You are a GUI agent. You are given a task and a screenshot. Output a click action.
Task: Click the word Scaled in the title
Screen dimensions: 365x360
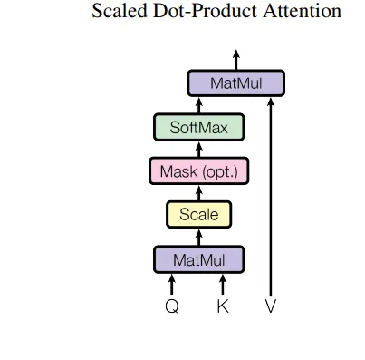120,11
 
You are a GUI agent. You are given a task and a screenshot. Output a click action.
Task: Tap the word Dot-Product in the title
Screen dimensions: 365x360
205,11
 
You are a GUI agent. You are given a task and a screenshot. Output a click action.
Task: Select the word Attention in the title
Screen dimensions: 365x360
302,11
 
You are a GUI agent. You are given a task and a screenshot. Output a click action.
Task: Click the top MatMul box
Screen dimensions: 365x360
236,83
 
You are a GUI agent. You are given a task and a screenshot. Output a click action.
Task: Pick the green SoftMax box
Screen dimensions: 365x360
198,127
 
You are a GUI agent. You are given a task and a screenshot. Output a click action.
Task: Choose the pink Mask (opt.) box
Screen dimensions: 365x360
199,171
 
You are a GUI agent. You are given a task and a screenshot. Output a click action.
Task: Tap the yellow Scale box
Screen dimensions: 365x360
199,214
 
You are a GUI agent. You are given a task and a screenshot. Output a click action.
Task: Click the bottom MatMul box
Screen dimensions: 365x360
198,259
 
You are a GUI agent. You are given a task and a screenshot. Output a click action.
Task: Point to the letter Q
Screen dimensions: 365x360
172,306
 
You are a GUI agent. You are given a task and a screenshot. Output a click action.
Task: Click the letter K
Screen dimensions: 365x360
223,306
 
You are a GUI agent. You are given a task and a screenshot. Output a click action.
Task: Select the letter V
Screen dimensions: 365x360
271,306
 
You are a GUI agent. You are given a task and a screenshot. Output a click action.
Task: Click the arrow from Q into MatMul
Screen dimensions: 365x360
172,284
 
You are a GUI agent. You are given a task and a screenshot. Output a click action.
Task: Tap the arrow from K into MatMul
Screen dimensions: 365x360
223,284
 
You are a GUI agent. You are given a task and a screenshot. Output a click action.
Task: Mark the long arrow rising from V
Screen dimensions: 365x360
271,197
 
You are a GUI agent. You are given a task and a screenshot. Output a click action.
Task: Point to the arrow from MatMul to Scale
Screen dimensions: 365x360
198,238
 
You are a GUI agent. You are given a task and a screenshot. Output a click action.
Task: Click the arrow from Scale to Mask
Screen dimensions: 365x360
198,193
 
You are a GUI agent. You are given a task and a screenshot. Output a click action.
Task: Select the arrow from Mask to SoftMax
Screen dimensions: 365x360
198,150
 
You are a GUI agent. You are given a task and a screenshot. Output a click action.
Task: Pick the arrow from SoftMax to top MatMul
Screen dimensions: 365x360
198,105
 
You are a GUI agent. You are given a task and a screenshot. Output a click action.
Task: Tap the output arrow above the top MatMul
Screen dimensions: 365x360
236,60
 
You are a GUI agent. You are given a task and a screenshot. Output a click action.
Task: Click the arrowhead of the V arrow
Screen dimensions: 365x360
271,102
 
